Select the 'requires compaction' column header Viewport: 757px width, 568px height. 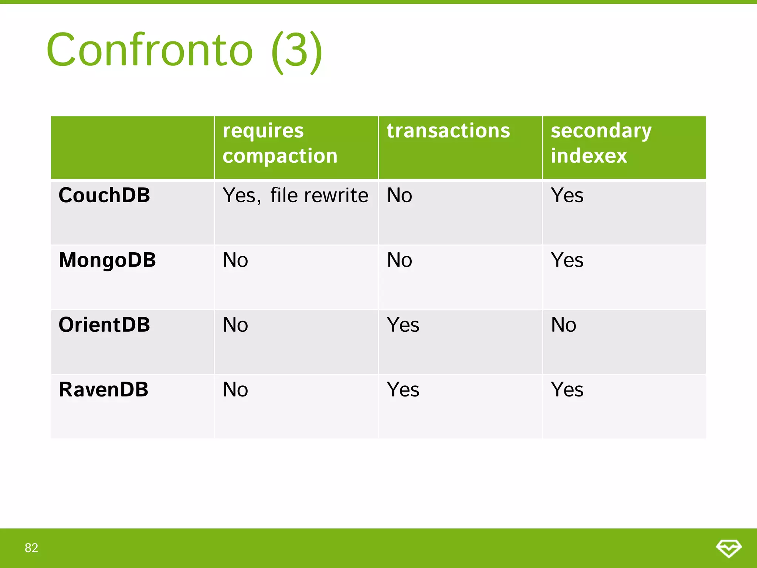click(x=280, y=143)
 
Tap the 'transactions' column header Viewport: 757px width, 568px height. click(x=448, y=131)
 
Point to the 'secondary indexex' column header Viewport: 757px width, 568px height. click(x=601, y=143)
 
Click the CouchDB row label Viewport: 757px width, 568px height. click(x=104, y=195)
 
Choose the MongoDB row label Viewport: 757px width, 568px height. click(x=107, y=260)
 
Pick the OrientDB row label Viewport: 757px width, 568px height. click(x=104, y=325)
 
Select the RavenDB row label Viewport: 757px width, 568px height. click(x=103, y=389)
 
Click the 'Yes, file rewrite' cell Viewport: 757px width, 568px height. click(x=295, y=195)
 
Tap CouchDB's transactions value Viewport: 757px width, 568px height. click(x=399, y=195)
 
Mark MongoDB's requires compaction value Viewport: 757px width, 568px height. click(x=235, y=260)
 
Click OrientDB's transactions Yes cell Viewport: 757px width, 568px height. click(x=403, y=325)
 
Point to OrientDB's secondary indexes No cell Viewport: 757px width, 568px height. click(x=563, y=325)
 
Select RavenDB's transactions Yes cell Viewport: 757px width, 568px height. click(x=403, y=390)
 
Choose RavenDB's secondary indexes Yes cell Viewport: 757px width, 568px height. click(x=567, y=390)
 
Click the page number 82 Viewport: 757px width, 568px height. click(x=31, y=548)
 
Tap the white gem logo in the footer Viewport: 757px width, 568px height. click(x=729, y=548)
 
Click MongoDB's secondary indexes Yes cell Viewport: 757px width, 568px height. click(x=567, y=260)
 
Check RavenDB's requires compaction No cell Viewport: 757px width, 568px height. click(x=235, y=390)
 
